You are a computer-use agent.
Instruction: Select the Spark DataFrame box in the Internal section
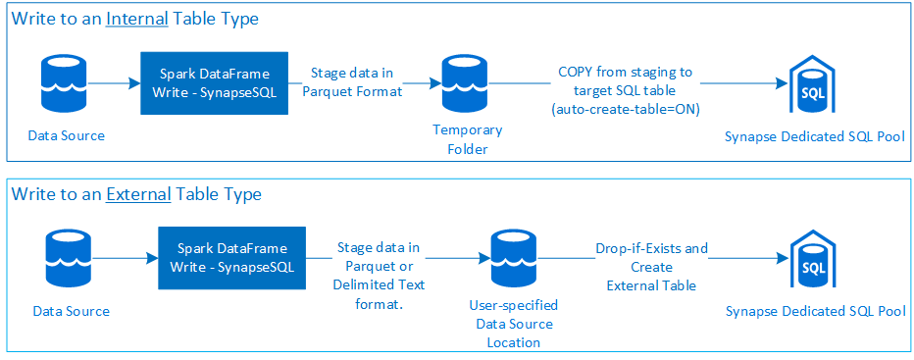(x=214, y=82)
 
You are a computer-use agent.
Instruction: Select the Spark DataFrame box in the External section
(x=231, y=258)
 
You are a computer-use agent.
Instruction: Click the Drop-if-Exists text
(x=651, y=249)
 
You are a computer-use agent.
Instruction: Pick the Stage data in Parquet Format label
(x=351, y=82)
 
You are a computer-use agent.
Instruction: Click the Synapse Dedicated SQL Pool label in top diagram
(x=813, y=136)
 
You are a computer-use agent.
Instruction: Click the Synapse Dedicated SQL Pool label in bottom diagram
(x=815, y=311)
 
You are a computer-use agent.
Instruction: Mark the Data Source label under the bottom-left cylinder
(x=71, y=311)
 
